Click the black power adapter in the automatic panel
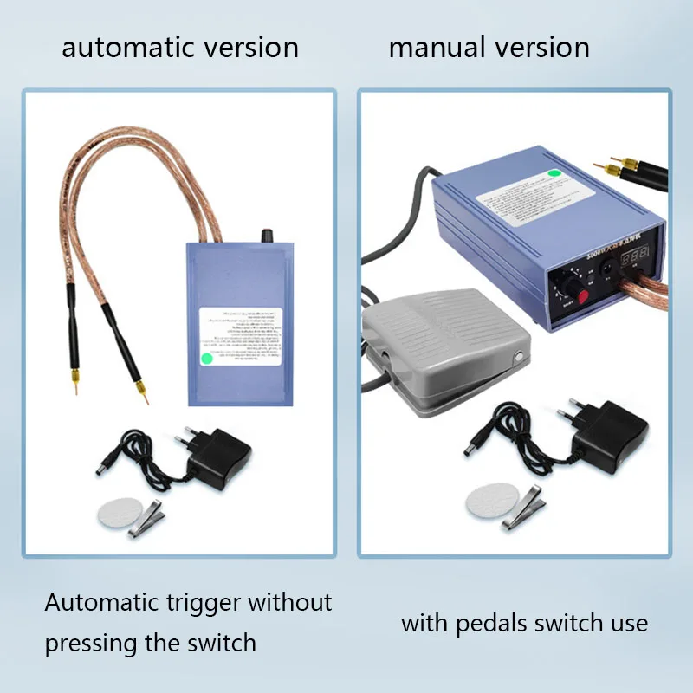point(216,456)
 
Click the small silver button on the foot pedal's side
point(518,357)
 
